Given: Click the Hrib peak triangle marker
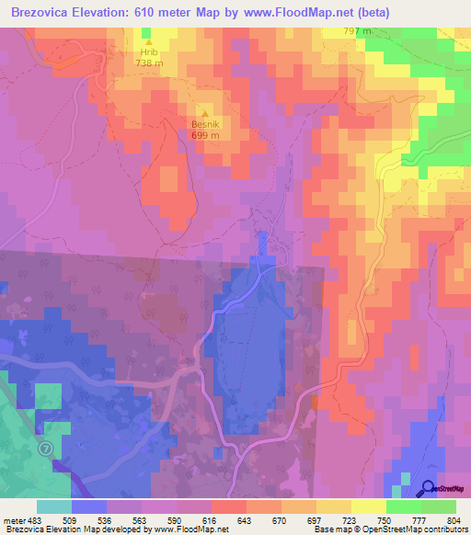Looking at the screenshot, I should click(148, 41).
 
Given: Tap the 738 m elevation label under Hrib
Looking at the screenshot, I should click(148, 63).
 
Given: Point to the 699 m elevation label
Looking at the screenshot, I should click(204, 134).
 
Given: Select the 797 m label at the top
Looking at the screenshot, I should click(357, 31).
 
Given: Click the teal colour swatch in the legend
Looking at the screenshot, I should click(53, 507).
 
